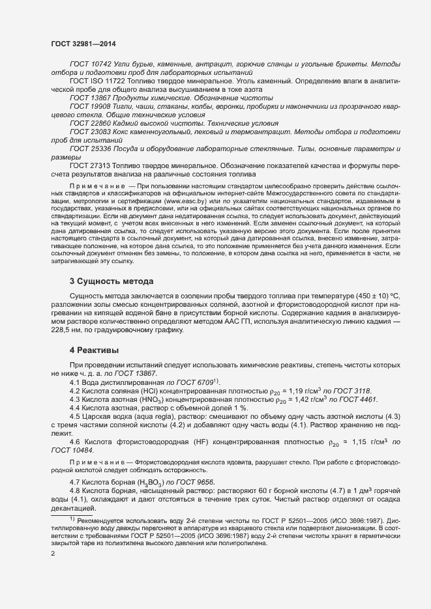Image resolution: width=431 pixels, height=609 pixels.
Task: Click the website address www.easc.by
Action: pyautogui.click(x=185, y=202)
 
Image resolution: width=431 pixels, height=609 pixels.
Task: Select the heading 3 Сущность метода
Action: pyautogui.click(x=111, y=281)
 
